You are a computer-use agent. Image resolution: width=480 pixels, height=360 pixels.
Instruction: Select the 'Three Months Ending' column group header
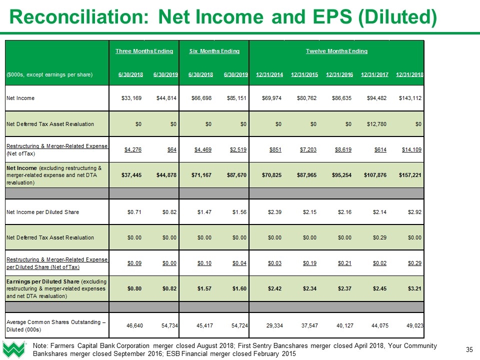coord(144,51)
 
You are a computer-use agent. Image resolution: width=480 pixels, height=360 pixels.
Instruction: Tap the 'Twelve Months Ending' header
coord(336,51)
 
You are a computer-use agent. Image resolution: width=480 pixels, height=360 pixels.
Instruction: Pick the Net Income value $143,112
coord(409,97)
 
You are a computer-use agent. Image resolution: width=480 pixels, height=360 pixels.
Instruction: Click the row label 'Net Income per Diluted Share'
coord(42,212)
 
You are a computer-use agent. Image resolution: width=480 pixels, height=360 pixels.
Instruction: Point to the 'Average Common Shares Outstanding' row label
coord(55,322)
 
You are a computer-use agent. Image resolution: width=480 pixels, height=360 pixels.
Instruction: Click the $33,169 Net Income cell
coord(132,97)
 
